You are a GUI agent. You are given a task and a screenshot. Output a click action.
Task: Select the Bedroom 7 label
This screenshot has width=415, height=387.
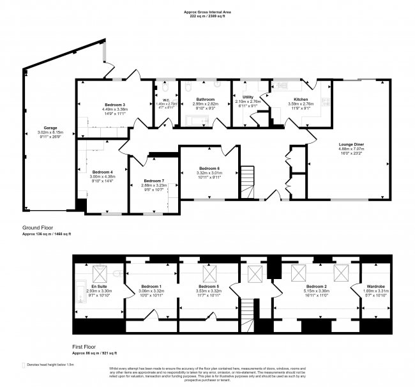154,181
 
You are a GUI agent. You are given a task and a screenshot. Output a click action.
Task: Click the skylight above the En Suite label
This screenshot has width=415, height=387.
101,274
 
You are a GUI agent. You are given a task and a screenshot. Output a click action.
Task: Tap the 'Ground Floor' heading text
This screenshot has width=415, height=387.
36,227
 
